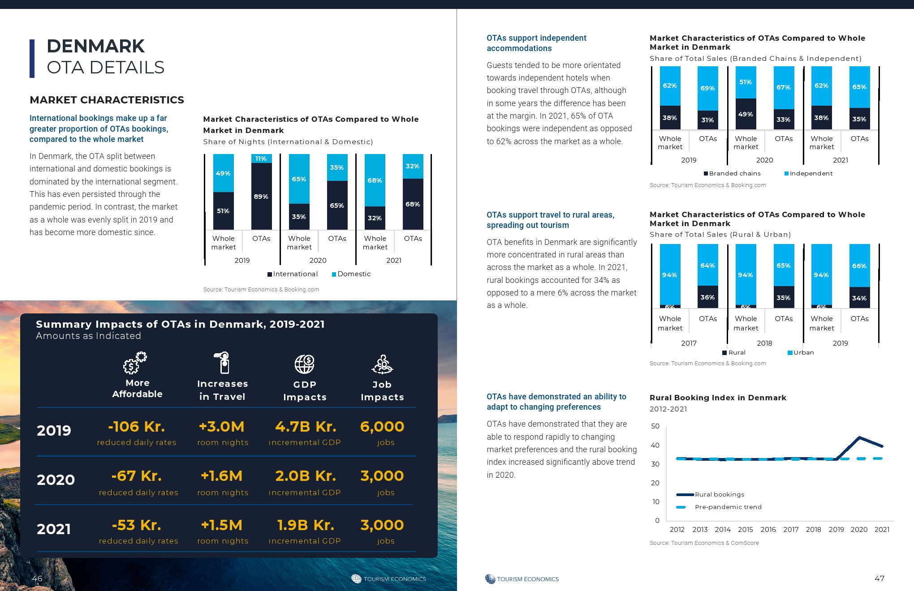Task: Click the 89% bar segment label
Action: [261, 197]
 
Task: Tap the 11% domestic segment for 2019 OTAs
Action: [261, 158]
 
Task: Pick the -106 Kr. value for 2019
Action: [137, 427]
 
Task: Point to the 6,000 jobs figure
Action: [382, 427]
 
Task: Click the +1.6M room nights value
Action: [222, 476]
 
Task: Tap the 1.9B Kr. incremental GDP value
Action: [305, 525]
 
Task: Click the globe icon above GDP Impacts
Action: [305, 364]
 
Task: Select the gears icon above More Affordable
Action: [135, 363]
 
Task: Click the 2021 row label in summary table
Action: [54, 529]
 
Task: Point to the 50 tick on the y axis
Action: [655, 426]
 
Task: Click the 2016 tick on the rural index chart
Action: [768, 529]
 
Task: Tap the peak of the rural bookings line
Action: [859, 437]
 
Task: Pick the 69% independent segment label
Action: [708, 88]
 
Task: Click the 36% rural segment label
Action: [708, 297]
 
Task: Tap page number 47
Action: [880, 578]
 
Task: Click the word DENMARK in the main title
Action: [95, 46]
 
